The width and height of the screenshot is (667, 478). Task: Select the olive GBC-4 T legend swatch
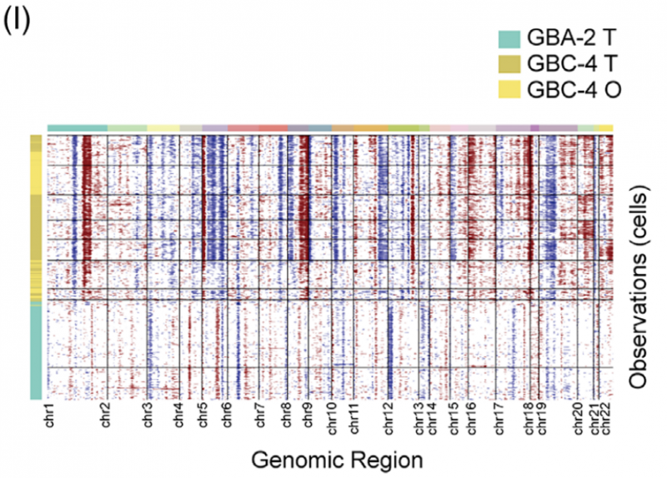[x=509, y=63]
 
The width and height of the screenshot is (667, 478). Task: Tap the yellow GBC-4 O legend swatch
[x=509, y=88]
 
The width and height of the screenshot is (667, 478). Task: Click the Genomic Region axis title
[x=337, y=459]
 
